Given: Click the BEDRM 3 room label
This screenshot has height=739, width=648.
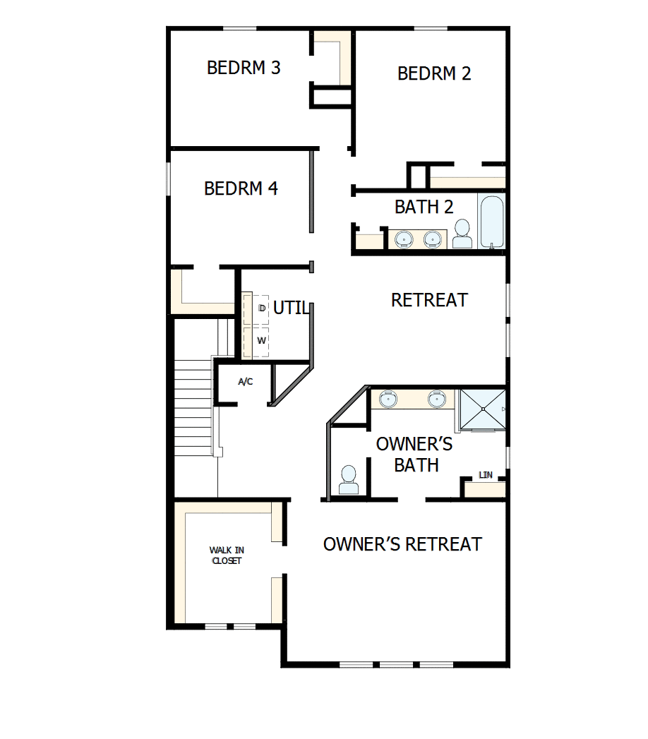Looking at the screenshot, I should tap(244, 68).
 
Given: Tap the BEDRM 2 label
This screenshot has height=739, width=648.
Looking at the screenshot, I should tap(434, 73).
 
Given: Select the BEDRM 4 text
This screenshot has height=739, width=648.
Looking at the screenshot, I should tap(241, 189).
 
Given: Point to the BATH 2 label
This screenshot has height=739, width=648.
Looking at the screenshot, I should tap(424, 208).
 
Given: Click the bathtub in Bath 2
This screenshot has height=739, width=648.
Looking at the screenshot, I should tap(491, 222).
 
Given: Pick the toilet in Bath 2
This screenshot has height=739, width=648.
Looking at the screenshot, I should tap(462, 234).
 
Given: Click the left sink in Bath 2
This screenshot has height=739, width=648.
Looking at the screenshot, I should tap(404, 239).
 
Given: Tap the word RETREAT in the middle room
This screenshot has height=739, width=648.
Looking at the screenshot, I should tap(429, 300).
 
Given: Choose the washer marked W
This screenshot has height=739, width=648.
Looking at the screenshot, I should tap(260, 340).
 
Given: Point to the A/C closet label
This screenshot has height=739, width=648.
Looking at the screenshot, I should tap(246, 382).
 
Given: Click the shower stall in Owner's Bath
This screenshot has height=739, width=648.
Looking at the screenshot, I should tap(483, 409).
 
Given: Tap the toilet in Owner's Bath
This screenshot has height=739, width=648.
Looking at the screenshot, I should tap(348, 480).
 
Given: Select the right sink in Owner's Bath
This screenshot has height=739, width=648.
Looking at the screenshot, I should tap(437, 399).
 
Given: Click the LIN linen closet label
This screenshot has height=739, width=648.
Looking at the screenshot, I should tap(486, 475).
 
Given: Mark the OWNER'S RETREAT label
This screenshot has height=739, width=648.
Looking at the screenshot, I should tap(402, 544).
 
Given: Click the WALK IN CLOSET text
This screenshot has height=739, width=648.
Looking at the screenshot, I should tap(226, 555).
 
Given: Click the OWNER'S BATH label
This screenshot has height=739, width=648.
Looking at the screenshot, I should tap(415, 455).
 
